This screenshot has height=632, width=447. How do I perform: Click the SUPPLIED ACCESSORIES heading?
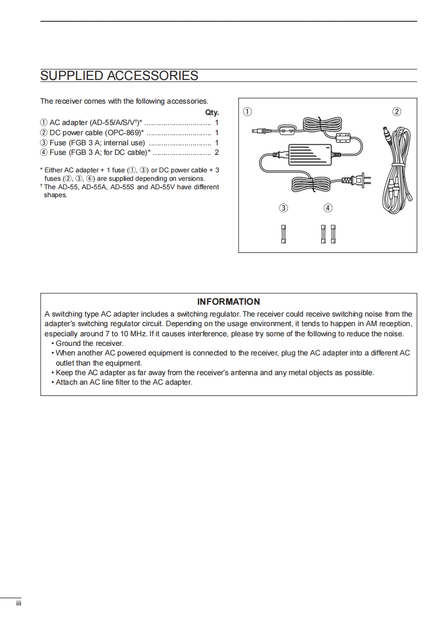coord(119,75)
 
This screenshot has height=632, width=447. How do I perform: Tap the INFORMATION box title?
coord(228,302)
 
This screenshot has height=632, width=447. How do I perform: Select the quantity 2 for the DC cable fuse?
coord(216,152)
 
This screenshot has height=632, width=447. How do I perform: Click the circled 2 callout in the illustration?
coord(397,112)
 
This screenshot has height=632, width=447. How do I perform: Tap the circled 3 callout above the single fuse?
coord(284,208)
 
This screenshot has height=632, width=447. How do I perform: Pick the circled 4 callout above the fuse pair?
coord(328,208)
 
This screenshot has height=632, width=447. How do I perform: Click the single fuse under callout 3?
coord(284,234)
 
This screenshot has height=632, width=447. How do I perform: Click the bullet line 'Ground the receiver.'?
coord(89,343)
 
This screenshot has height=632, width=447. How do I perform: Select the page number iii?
coord(18,603)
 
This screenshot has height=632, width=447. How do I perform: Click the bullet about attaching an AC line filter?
coord(123,382)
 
